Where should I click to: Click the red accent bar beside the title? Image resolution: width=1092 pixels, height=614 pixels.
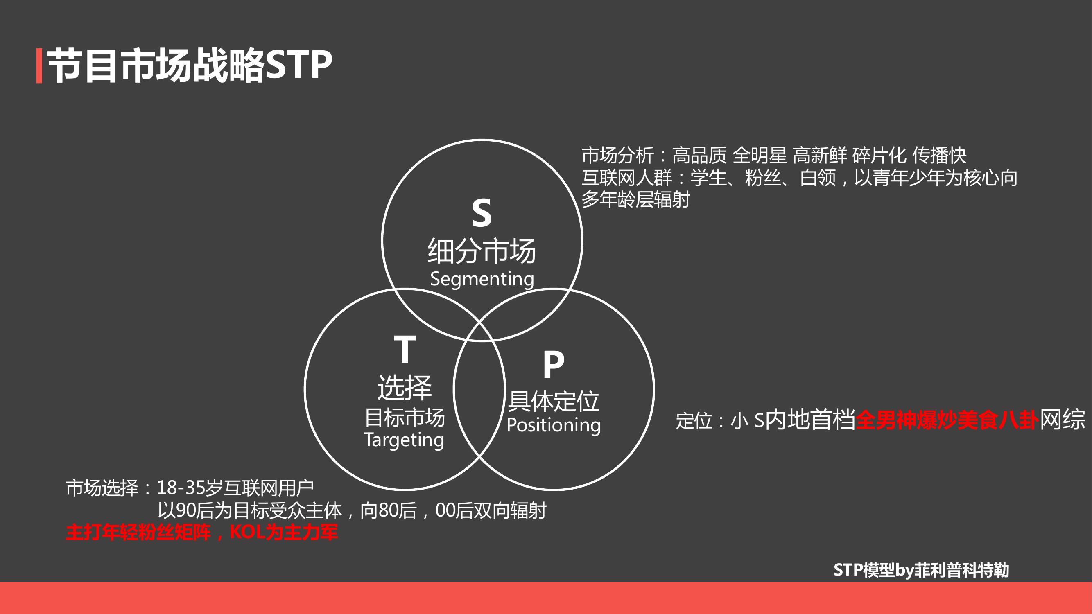pos(39,66)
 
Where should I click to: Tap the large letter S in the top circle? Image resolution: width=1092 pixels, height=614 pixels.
pos(482,213)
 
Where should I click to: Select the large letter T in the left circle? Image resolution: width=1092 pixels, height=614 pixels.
pos(405,349)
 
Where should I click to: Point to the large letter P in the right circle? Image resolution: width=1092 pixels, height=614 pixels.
pos(554,364)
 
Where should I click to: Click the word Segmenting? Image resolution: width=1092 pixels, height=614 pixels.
pos(482,279)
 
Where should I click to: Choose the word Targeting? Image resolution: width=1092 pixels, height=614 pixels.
pos(404,440)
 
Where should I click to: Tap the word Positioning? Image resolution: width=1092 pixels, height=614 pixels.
pos(554,425)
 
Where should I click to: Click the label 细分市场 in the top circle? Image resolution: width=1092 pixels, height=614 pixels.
pos(482,251)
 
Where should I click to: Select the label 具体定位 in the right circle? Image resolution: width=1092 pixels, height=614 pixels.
pos(554,401)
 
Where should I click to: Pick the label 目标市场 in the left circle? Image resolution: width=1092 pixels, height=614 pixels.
pos(405,418)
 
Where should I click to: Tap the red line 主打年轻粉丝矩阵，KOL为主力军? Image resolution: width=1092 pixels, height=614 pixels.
pos(202,532)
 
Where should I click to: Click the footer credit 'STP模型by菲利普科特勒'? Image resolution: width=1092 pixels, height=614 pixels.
pos(921,570)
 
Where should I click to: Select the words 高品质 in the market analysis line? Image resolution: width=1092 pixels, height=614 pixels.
pos(699,156)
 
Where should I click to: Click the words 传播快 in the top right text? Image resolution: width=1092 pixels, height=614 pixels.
pos(939,156)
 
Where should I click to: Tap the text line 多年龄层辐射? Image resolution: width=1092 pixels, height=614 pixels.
pos(636,200)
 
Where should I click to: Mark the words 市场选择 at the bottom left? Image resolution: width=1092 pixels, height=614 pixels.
pos(102,488)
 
